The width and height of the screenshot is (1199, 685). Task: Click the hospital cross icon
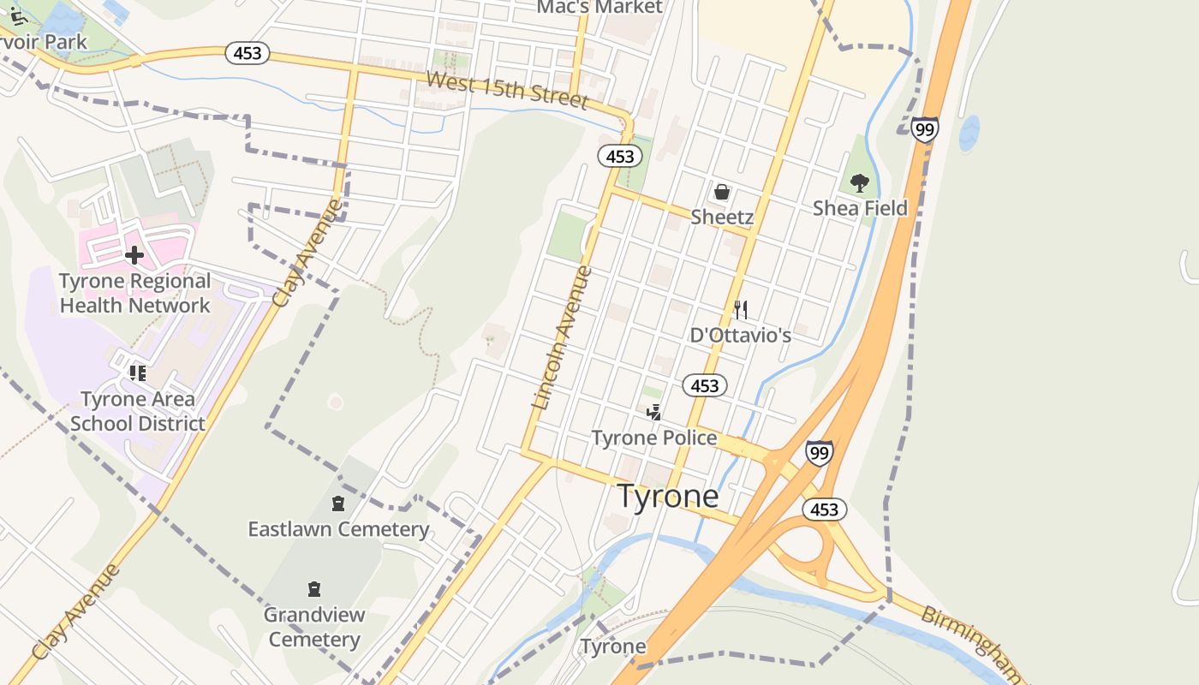[x=134, y=254]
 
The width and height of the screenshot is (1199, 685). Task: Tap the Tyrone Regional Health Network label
[x=134, y=294]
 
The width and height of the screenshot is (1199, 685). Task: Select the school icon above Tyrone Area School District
[x=137, y=373]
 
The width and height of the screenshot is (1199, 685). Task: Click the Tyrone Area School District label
[x=138, y=412]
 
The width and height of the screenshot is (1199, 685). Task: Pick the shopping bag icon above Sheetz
[x=722, y=192]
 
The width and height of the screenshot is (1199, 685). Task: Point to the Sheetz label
[x=722, y=217]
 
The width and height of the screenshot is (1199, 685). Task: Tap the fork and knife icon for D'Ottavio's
[x=741, y=309]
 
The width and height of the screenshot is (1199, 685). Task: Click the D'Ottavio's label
[x=741, y=335]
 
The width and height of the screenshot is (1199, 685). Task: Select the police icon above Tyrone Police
[x=654, y=413]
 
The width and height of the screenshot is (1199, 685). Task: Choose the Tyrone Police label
[x=654, y=438]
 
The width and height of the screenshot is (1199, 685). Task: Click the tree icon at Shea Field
[x=860, y=182]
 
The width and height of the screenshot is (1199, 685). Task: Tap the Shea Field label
[x=860, y=208]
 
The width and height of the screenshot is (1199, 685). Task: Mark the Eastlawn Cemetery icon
[x=338, y=503]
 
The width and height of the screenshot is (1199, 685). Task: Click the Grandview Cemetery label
[x=314, y=627]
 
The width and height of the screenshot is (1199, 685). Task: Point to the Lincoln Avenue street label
[x=562, y=337]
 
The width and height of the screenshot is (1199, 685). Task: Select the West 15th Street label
[x=507, y=91]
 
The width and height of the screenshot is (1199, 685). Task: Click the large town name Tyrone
[x=668, y=497]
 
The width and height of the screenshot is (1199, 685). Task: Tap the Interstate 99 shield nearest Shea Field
[x=924, y=129]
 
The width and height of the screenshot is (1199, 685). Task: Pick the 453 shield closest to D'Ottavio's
[x=705, y=386]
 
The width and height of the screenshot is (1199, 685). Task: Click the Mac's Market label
[x=599, y=8]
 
